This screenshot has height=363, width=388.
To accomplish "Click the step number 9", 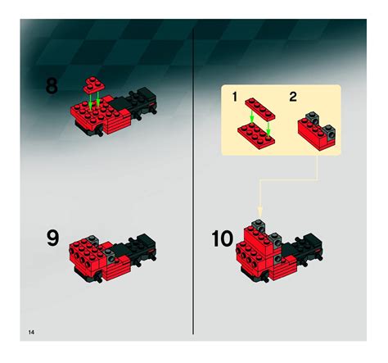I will [52, 239].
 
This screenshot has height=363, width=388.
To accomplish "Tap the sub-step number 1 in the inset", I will [234, 97].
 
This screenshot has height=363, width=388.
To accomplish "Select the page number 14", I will [30, 331].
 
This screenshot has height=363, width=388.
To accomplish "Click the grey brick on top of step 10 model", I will [261, 225].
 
